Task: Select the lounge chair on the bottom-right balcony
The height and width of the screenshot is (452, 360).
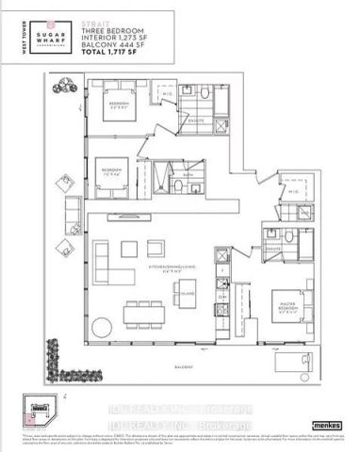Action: tap(300, 363)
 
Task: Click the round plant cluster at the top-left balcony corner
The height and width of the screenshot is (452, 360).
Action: tap(65, 85)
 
